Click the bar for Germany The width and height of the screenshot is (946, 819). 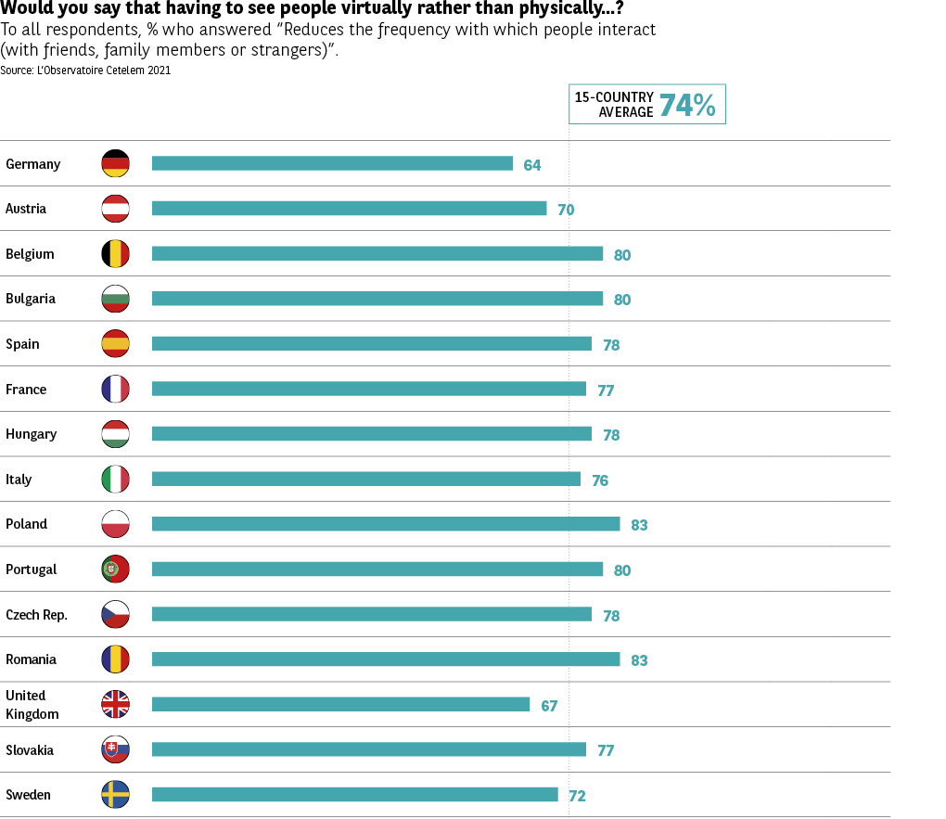pos(332,163)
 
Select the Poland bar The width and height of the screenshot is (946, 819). pos(386,524)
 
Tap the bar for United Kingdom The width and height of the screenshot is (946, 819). pos(340,705)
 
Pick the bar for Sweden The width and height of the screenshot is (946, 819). pos(354,795)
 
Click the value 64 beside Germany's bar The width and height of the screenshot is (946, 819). pos(531,165)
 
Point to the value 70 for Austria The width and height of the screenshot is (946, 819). pos(566,210)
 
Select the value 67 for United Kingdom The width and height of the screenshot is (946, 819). pos(549,706)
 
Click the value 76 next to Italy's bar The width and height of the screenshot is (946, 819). pos(600,480)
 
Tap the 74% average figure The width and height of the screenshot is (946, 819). pos(687,106)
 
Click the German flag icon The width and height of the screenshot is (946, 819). pos(115,163)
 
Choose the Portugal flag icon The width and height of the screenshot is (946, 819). pos(115,569)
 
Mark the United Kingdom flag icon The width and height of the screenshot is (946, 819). pos(115,705)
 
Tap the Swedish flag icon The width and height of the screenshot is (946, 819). pos(115,795)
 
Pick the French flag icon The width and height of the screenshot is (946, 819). pos(115,389)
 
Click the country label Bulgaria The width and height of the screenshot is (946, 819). pos(31,299)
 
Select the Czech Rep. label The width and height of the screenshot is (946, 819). pos(36,615)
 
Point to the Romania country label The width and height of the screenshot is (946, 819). pos(31,659)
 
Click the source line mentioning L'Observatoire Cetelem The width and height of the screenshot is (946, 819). pos(85,70)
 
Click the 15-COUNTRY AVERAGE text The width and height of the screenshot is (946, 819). pos(614,105)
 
